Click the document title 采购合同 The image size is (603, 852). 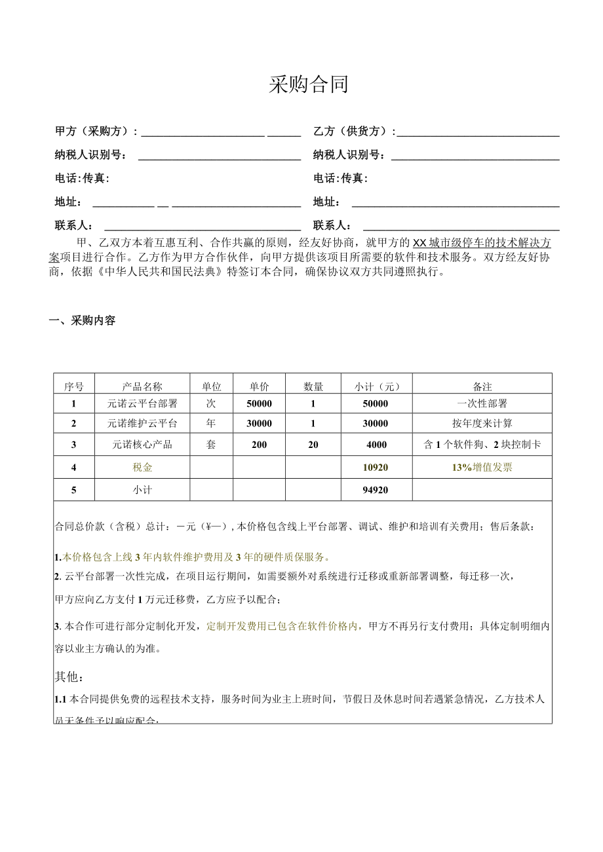(x=308, y=84)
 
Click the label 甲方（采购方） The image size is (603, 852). (x=96, y=131)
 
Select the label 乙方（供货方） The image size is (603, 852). (x=354, y=131)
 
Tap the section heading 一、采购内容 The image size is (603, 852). (x=83, y=321)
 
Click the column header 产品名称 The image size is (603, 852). (x=142, y=386)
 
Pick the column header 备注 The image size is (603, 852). (x=482, y=386)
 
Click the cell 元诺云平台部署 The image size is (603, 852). (x=142, y=403)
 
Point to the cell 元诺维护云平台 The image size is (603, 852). (x=142, y=424)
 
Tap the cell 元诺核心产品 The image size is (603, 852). (x=142, y=445)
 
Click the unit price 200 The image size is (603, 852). (x=259, y=445)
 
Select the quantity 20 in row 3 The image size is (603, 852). (x=313, y=445)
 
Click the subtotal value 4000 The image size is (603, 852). (x=376, y=445)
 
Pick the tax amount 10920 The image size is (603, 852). (x=376, y=468)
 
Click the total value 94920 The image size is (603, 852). (x=376, y=490)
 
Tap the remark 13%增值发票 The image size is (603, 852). (x=482, y=468)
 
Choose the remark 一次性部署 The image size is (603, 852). (x=482, y=403)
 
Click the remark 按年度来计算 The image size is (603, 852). (x=482, y=424)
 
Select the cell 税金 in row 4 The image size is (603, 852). (x=142, y=468)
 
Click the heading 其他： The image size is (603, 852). (x=69, y=676)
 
